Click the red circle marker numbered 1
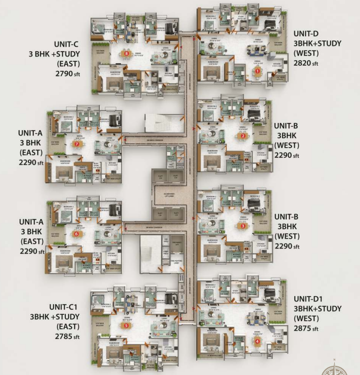coord(257,71)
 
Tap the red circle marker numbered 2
coord(243,136)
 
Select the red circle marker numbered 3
coord(243,226)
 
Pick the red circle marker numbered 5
coord(126,325)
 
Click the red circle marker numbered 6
coord(76,234)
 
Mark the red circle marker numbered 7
coord(76,144)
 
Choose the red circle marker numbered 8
coord(126,53)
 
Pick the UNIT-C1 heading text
coord(63,307)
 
